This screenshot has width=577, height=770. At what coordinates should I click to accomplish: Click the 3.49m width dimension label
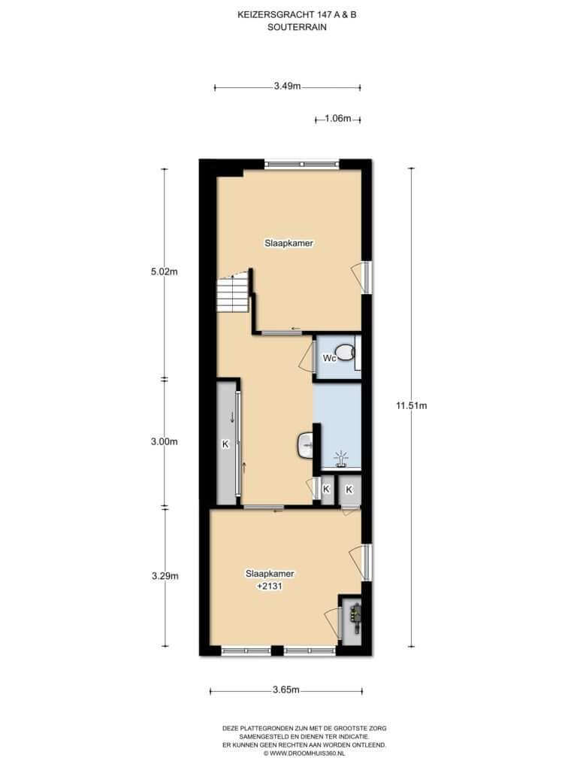pos(287,86)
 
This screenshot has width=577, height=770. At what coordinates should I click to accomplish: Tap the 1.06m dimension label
pos(338,118)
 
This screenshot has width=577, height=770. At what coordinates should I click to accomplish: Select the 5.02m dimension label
pos(165,271)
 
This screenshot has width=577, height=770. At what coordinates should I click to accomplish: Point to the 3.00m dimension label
pos(165,441)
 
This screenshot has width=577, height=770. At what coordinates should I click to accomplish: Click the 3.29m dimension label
pos(165,575)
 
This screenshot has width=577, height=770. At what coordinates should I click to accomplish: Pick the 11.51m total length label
pos(411,405)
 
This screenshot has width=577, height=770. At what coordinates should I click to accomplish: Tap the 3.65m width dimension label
pos(286,690)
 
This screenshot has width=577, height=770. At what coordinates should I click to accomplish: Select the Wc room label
pos(329,358)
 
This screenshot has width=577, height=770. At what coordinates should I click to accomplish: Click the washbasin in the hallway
pos(305,445)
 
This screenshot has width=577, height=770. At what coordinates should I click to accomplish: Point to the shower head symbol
pos(340,458)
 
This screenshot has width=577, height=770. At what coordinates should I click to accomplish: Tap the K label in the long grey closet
pos(225,444)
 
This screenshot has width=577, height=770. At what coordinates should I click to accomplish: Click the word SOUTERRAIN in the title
pos(297,28)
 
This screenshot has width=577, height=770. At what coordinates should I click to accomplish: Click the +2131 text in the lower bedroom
pos(270,587)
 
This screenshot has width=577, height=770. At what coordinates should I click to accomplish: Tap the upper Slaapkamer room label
pos(289,243)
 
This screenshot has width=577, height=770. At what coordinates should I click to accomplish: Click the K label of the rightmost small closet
pos(349,490)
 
